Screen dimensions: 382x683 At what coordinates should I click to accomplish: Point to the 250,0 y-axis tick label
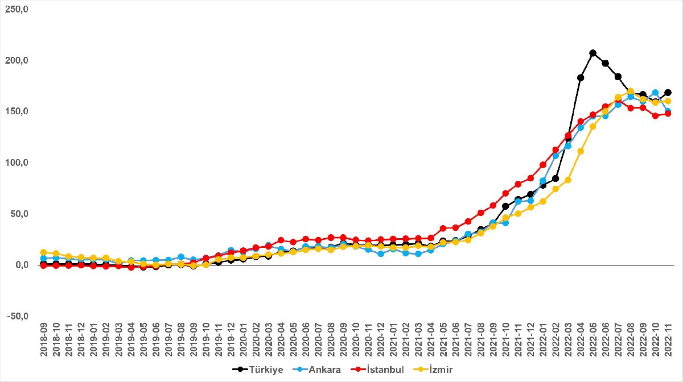pyautogui.click(x=15, y=10)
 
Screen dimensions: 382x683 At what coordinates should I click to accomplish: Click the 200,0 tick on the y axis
pyautogui.click(x=15, y=61)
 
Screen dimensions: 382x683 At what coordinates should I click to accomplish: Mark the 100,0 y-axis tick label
pyautogui.click(x=15, y=163)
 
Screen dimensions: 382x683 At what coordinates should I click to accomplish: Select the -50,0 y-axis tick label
pyautogui.click(x=15, y=317)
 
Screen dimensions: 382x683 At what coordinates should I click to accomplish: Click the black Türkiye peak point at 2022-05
pyautogui.click(x=593, y=53)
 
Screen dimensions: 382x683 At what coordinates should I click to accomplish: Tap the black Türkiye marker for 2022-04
pyautogui.click(x=581, y=78)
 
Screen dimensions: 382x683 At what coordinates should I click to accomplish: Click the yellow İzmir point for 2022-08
pyautogui.click(x=630, y=91)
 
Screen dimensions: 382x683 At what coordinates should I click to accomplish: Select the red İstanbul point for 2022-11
pyautogui.click(x=668, y=114)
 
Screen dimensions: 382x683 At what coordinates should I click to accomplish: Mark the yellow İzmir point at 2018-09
pyautogui.click(x=43, y=252)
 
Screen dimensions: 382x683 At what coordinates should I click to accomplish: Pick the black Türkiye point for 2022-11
pyautogui.click(x=668, y=93)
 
